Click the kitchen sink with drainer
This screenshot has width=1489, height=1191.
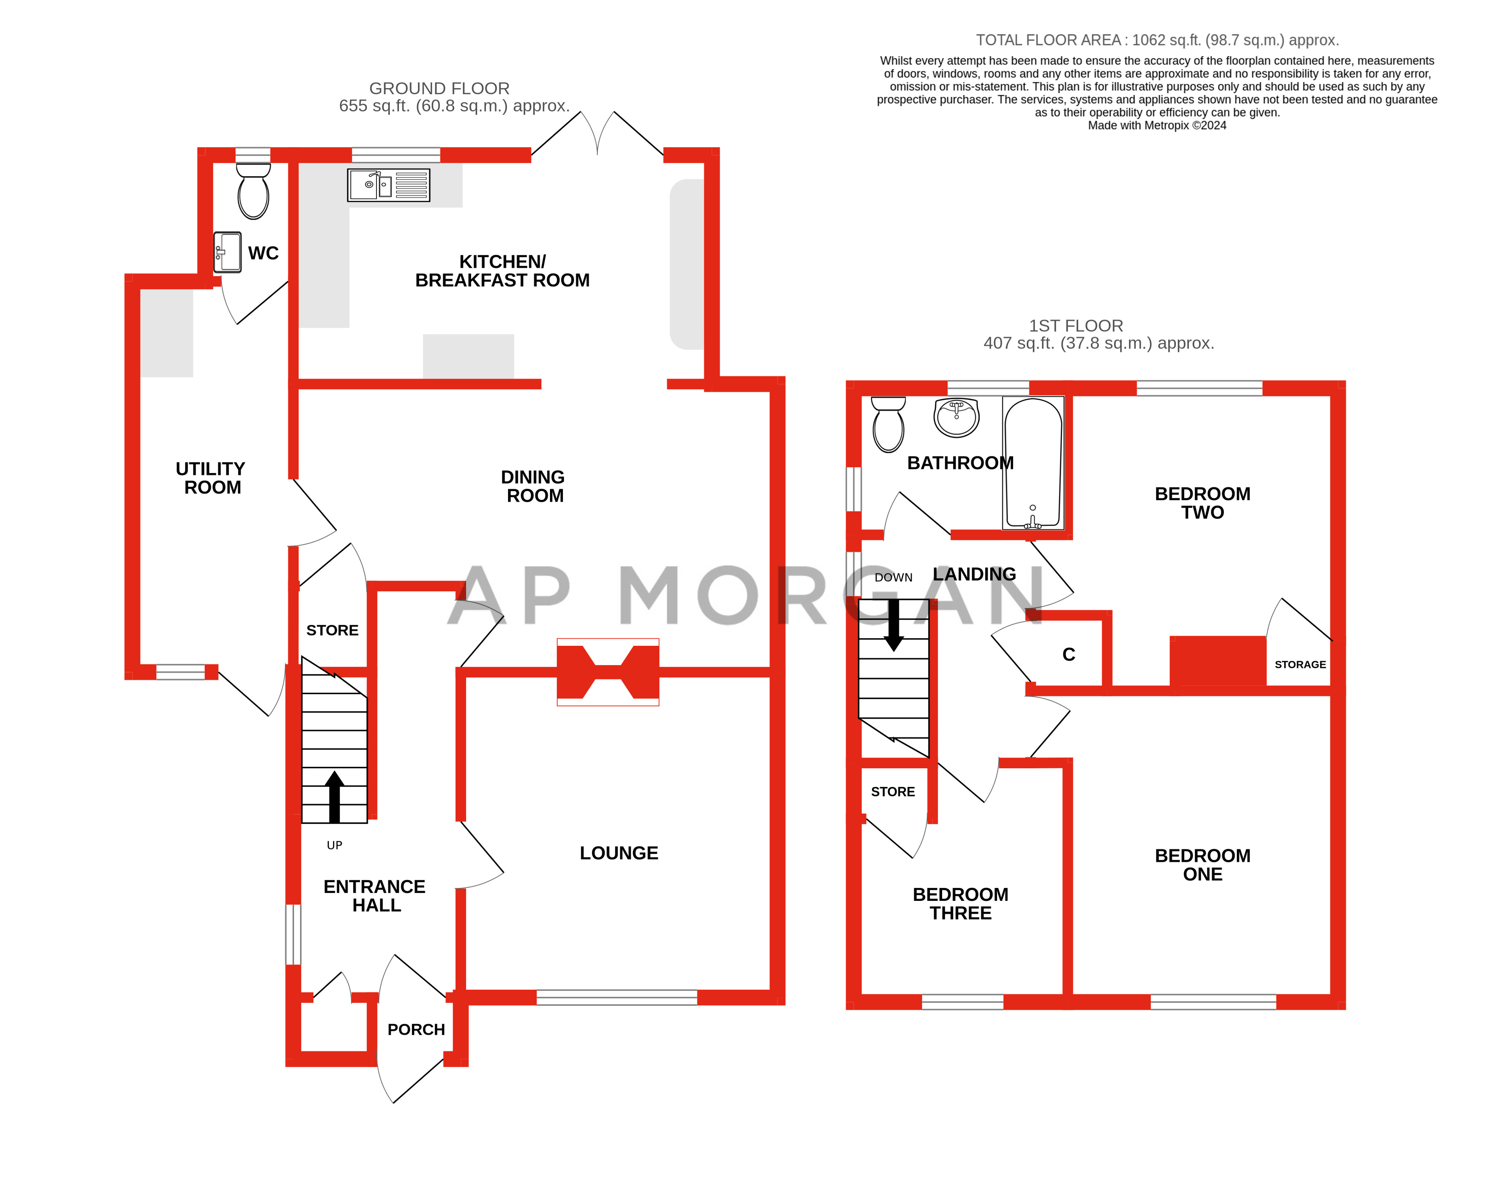(388, 185)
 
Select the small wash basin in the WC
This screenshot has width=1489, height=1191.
(227, 252)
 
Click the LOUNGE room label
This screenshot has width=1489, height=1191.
(619, 853)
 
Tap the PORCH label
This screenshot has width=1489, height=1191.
(416, 1029)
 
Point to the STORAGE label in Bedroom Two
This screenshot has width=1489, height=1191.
(1300, 664)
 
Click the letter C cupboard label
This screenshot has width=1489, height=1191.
(1068, 655)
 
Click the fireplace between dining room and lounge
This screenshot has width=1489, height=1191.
(608, 672)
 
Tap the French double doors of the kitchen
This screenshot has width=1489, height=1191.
(597, 135)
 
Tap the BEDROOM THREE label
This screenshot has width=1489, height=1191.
(960, 904)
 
